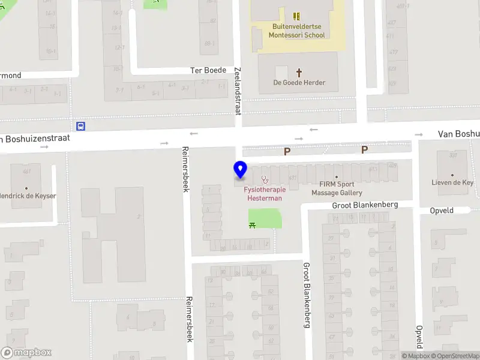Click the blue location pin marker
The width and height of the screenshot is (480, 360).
coord(240,170)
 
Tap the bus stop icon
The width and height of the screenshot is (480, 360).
coord(80,126)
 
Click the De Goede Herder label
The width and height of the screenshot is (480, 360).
coord(298,82)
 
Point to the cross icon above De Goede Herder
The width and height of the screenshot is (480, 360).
coord(298,71)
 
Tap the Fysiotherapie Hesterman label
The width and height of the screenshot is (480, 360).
coord(265,193)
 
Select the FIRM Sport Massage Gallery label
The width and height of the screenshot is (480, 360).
coord(337,188)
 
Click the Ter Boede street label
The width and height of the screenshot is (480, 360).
coord(208,70)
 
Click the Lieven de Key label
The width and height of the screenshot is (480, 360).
coord(452,182)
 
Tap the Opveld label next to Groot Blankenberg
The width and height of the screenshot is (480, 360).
coord(441,211)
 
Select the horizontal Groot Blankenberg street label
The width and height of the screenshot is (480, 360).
coord(365,205)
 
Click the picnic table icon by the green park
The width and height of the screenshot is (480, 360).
coord(253,224)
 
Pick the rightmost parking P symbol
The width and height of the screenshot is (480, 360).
coord(364,149)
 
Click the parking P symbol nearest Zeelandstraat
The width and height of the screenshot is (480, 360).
coord(287,152)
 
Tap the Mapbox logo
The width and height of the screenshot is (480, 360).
coord(26,353)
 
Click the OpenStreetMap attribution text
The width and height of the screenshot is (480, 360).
coord(455,356)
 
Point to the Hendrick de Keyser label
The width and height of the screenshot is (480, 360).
coord(28,196)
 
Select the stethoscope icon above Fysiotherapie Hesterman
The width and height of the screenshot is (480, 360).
coord(265,179)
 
